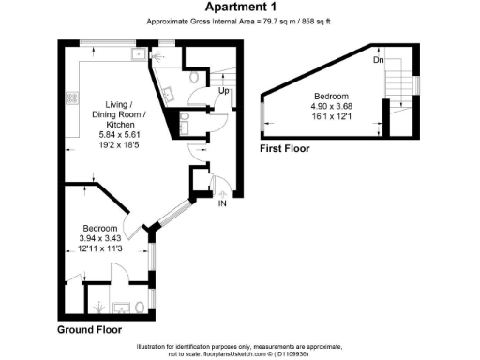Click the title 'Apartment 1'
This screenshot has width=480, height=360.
(240, 7)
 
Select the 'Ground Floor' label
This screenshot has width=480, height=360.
(90, 330)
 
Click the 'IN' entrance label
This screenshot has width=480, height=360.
(222, 203)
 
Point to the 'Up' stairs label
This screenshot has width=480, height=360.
(225, 90)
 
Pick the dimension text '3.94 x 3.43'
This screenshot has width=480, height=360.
(99, 238)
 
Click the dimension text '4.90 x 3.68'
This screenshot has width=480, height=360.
(331, 106)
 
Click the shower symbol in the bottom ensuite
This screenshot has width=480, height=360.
(97, 305)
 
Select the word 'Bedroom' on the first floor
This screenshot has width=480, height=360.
(331, 97)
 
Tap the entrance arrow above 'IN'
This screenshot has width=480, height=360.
(223, 187)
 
